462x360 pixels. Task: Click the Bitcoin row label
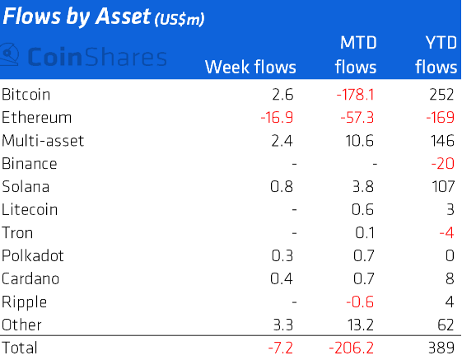pos(26,95)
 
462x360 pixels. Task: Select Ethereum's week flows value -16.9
pos(277,117)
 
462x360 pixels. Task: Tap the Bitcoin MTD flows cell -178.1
pos(355,95)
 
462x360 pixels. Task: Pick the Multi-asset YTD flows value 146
pos(441,140)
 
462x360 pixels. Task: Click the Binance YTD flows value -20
pos(442,163)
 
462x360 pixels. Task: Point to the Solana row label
pos(26,187)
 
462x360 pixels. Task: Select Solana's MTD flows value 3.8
pos(363,187)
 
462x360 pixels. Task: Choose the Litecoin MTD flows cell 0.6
pos(362,209)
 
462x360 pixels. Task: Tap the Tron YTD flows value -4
pos(446,232)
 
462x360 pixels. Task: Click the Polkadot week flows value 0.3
pos(282,255)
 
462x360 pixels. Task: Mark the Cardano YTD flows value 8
pos(450,278)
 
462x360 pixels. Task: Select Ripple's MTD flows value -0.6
pos(360,302)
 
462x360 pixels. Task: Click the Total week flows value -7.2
pos(281,348)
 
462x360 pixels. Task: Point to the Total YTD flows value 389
pos(441,348)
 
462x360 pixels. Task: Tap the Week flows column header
pos(250,67)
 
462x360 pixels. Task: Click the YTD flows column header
pos(436,55)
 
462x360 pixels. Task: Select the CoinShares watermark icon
pos(9,55)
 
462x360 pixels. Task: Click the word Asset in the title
pos(123,16)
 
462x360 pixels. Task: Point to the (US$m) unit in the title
pos(180,20)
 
